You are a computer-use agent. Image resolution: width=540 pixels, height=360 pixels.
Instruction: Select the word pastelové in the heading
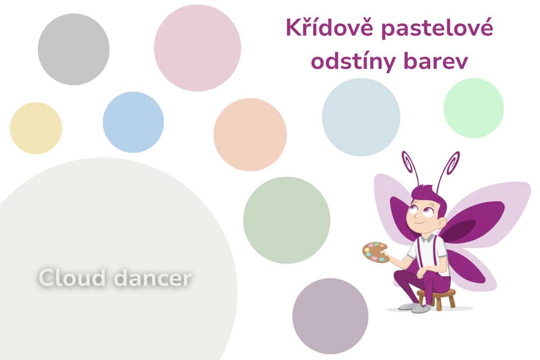[x=437, y=29]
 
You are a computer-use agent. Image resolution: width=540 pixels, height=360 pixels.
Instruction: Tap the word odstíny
[x=353, y=62]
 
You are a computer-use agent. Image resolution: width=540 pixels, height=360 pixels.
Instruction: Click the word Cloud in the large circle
[x=72, y=278]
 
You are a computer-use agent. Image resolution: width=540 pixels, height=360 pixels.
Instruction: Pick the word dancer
[x=153, y=278]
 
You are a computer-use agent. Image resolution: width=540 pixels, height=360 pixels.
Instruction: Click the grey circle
[x=73, y=49]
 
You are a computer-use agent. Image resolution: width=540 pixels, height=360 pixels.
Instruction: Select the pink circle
[x=197, y=48]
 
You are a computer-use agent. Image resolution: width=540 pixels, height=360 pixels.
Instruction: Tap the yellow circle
[x=36, y=128]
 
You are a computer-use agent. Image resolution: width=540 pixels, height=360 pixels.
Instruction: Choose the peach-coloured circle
[x=250, y=135]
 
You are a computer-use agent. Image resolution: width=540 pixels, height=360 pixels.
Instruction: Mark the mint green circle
[x=474, y=108]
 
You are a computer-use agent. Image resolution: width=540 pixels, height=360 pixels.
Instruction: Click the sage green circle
[x=287, y=220]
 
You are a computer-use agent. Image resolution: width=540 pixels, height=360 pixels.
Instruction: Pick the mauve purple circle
[x=330, y=316]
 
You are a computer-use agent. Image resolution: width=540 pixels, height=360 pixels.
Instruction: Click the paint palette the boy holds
[x=374, y=252]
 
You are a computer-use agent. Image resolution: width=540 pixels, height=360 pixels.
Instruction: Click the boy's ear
[x=441, y=223]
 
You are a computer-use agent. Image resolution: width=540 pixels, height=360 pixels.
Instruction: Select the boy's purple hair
[x=430, y=198]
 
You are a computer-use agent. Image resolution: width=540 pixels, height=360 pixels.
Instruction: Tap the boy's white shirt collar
[x=427, y=238]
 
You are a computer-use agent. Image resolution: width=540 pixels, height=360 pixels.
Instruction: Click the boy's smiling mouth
[x=419, y=222]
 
